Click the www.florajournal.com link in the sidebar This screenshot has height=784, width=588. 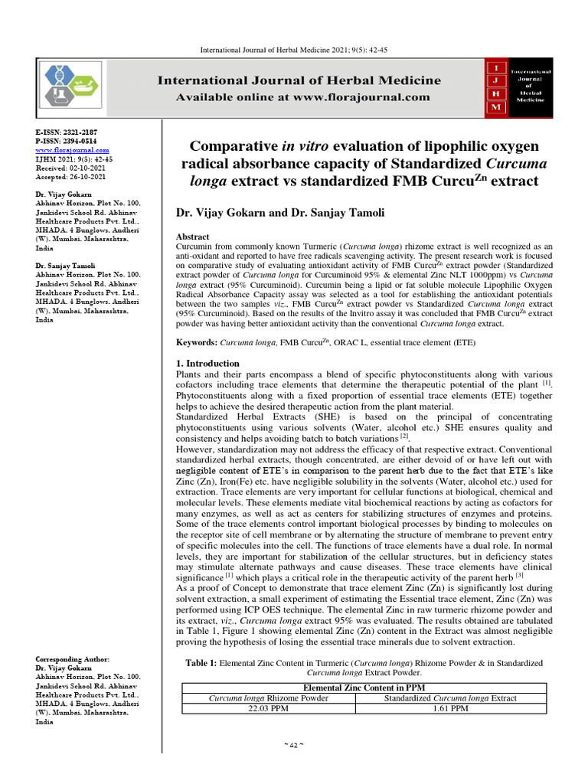(73, 150)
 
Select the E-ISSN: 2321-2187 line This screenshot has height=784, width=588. (67, 132)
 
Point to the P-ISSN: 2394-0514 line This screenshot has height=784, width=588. (67, 142)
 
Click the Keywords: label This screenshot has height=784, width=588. (198, 344)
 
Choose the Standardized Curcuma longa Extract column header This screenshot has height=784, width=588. (449, 698)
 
